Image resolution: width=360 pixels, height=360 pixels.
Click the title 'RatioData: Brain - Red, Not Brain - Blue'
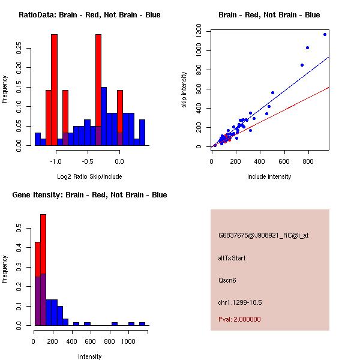pyautogui.click(x=89, y=15)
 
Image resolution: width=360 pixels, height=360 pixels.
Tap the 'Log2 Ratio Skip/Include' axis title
pyautogui.click(x=89, y=177)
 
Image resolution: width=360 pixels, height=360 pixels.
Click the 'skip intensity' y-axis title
pyautogui.click(x=184, y=90)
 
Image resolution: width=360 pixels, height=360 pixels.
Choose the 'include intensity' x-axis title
pyautogui.click(x=269, y=176)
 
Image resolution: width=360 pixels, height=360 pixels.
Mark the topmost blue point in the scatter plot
pyautogui.click(x=325, y=35)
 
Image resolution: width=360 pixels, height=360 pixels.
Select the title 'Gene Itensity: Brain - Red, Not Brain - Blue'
pyautogui.click(x=90, y=195)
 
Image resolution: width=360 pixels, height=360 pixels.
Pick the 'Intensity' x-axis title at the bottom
pyautogui.click(x=90, y=356)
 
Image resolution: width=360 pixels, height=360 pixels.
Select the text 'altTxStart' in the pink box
pyautogui.click(x=232, y=258)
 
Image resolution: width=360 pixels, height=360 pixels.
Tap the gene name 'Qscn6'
pyautogui.click(x=227, y=280)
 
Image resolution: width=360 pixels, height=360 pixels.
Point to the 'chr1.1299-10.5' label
pyautogui.click(x=240, y=302)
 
